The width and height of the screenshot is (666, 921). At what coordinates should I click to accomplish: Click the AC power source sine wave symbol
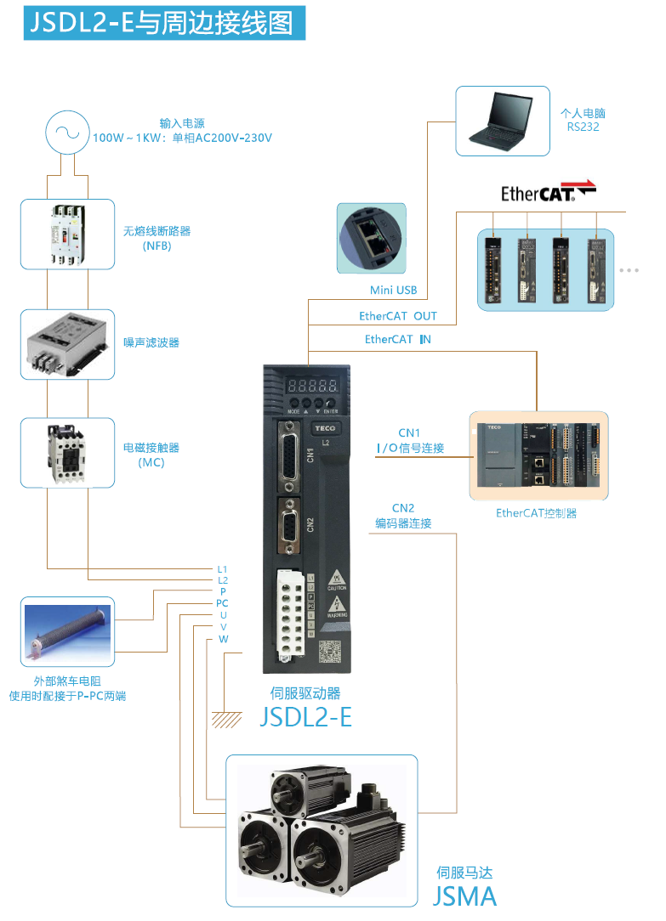tap(66, 132)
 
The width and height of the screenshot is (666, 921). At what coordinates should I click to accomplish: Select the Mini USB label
tap(393, 291)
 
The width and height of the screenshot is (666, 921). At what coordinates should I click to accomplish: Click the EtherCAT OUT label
tap(398, 316)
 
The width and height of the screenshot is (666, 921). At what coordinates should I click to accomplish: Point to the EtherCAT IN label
tap(398, 339)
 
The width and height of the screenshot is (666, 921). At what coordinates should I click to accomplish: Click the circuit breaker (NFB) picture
tap(67, 234)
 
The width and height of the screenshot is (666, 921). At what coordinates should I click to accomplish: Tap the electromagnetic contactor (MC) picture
tap(66, 452)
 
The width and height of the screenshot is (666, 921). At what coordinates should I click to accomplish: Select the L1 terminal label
tap(223, 568)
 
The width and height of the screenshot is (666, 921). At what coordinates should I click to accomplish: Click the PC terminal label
tap(222, 603)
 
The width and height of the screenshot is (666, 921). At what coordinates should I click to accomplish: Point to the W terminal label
tap(223, 639)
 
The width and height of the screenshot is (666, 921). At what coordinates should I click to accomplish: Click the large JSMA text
tap(464, 896)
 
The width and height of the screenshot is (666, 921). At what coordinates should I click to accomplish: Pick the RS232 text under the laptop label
tap(583, 127)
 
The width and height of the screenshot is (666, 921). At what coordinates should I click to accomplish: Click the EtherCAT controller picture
tap(538, 456)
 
